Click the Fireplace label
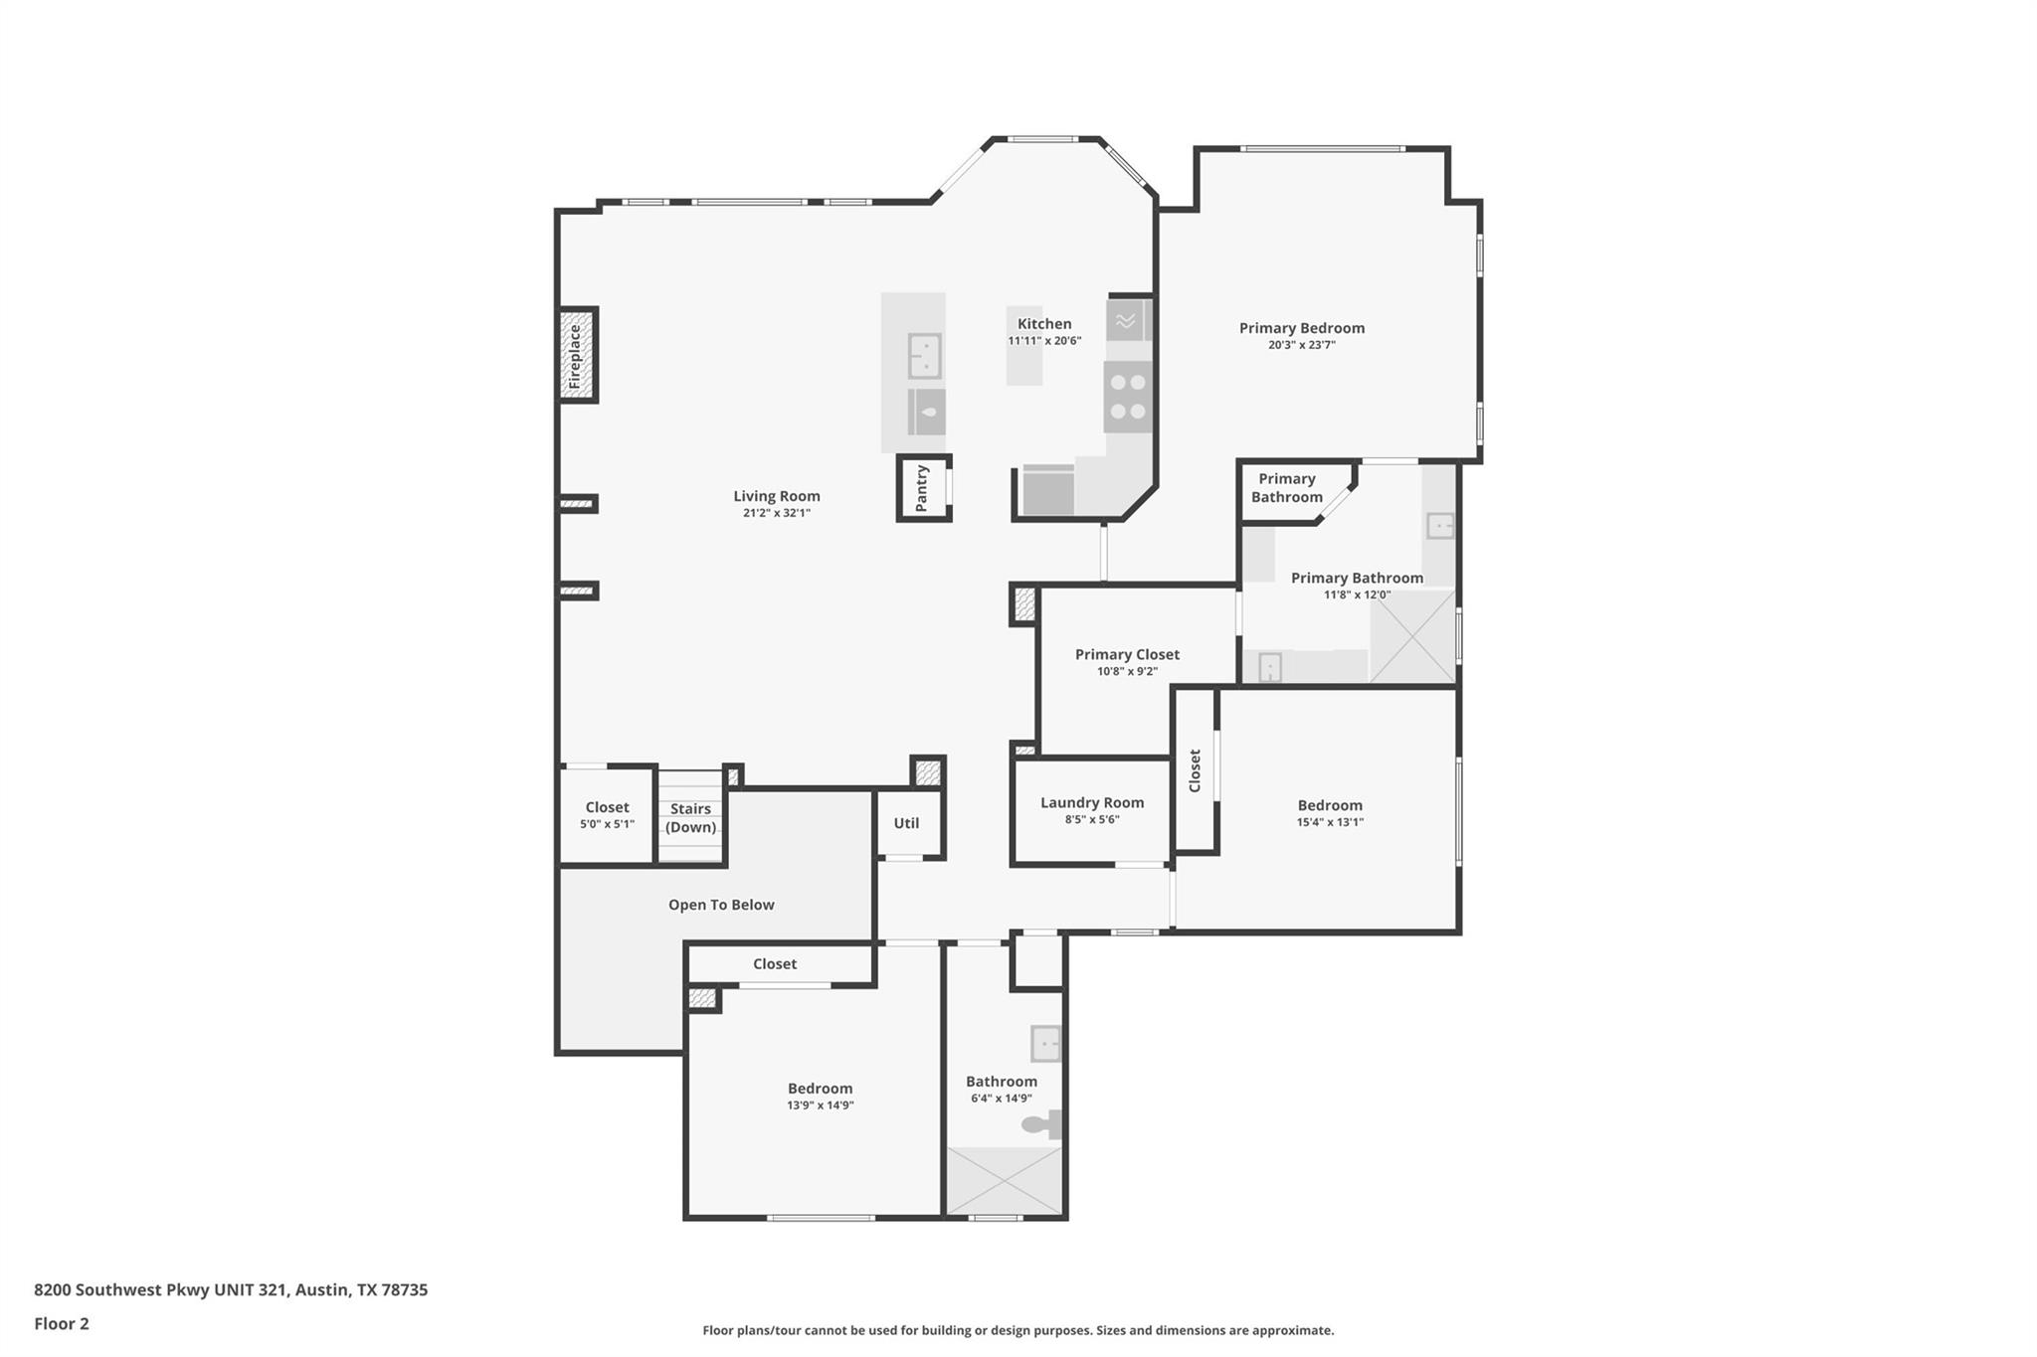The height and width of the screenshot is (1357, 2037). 575,356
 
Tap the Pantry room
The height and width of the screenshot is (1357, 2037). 922,488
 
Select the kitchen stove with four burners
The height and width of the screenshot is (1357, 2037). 1127,397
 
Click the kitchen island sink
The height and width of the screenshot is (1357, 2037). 924,356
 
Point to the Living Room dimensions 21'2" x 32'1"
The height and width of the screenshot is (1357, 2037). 776,513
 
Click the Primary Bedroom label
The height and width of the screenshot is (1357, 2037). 1301,328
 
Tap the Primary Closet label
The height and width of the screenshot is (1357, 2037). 1127,654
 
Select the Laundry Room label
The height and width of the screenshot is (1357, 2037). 1091,802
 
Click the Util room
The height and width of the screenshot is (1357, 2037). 906,823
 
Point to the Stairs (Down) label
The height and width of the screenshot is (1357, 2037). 690,818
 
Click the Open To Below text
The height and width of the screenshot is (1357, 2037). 721,905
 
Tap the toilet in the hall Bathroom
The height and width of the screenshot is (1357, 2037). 1041,1124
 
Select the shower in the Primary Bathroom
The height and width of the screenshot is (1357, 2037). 1412,636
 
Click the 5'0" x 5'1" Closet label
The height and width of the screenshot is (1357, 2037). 607,807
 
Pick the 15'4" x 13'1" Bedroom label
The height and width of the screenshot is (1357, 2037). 1330,805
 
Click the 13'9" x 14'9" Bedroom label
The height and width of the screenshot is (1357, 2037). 820,1089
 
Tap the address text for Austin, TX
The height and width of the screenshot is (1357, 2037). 231,1290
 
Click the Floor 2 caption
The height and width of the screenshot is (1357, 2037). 62,1323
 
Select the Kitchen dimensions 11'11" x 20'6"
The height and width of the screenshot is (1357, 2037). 1044,341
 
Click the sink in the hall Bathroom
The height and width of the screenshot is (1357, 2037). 1045,1044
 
